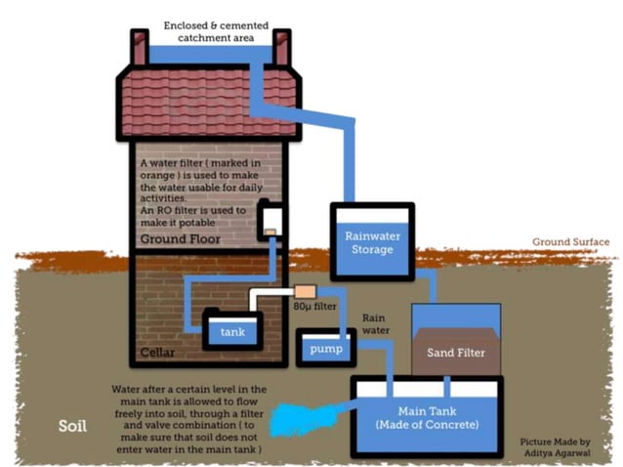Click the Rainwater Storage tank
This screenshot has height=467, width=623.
pos(371,241)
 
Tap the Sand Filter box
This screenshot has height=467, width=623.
pos(456,342)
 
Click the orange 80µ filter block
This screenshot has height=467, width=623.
pos(305,291)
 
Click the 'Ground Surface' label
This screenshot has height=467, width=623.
pos(570,242)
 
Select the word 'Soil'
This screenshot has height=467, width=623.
pos(73,427)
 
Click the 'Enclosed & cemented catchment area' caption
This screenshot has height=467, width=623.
pos(210,30)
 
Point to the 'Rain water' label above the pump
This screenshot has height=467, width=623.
pos(378,324)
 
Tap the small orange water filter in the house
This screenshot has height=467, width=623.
pos(270,232)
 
